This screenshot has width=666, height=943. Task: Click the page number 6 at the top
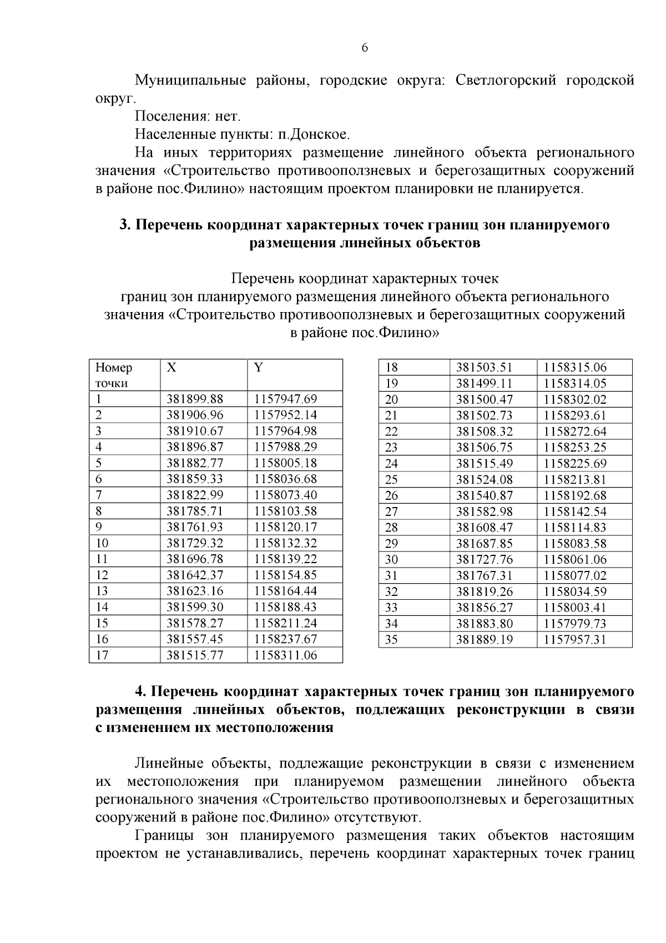[365, 48]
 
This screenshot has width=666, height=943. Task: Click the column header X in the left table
[172, 368]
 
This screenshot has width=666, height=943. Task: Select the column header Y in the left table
[258, 368]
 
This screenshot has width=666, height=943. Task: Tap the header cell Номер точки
[114, 375]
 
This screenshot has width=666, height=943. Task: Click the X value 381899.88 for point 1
[194, 399]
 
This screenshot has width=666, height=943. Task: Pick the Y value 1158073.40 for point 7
[285, 495]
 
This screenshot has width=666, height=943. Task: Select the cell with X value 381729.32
[194, 543]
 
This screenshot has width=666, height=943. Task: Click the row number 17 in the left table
[102, 655]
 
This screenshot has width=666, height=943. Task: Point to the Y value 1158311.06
[285, 655]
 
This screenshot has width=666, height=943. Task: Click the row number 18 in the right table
[391, 368]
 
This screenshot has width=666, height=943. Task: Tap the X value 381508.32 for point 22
[484, 432]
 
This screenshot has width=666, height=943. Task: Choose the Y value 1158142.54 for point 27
[575, 511]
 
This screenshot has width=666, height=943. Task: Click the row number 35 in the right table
[391, 640]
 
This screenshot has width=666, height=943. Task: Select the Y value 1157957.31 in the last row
[575, 640]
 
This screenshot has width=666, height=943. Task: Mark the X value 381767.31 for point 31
[484, 576]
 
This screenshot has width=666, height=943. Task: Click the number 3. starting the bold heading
[125, 225]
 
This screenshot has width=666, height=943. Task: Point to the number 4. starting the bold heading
[141, 692]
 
